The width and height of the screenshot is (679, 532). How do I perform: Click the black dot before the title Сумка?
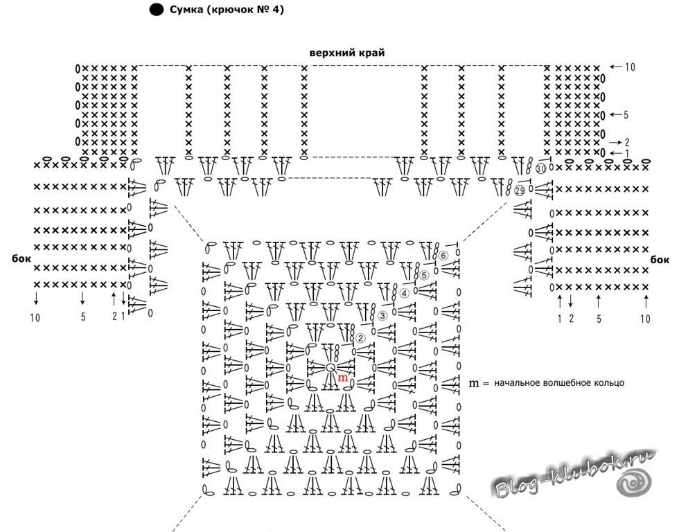point(157,10)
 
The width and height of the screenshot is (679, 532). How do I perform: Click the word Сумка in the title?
point(186,9)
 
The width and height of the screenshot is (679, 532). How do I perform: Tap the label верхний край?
point(347,53)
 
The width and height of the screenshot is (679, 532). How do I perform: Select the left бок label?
point(21,258)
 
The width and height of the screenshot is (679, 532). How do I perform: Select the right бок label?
point(660,259)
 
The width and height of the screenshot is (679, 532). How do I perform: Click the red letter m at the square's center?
point(342,378)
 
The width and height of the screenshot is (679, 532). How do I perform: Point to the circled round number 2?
point(360,338)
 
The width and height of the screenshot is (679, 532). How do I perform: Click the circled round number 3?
point(382,316)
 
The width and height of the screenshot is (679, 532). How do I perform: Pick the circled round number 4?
point(403,294)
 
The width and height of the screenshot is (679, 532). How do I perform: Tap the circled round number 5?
point(423,275)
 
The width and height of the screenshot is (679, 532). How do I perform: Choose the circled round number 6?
point(443,256)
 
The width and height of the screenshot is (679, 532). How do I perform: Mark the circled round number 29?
point(520,190)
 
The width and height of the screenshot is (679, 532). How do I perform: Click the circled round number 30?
point(541,168)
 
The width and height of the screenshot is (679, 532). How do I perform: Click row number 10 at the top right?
point(630,66)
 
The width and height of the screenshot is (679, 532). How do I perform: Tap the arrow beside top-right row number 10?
point(615,66)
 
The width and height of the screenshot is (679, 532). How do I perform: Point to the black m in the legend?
point(474,383)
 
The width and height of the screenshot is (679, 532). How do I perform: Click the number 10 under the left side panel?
point(35,318)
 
